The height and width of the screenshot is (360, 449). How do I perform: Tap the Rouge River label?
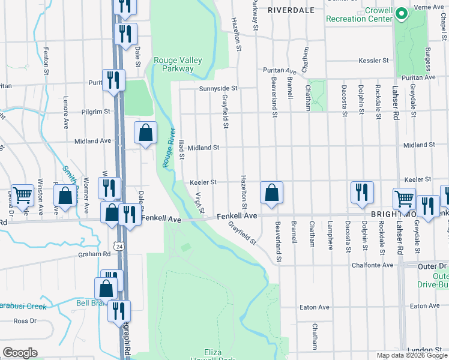[x=168, y=148]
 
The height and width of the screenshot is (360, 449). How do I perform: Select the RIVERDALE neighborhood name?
[x=291, y=10]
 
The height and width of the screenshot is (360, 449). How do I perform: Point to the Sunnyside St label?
[x=218, y=88]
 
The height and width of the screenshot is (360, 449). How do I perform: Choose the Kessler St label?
[x=374, y=61]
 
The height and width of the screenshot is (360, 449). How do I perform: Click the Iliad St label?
[x=181, y=149]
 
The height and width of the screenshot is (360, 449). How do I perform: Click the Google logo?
[x=19, y=353]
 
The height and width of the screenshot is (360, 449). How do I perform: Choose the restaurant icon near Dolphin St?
[x=362, y=192]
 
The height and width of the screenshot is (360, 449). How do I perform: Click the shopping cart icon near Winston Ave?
[x=22, y=194]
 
